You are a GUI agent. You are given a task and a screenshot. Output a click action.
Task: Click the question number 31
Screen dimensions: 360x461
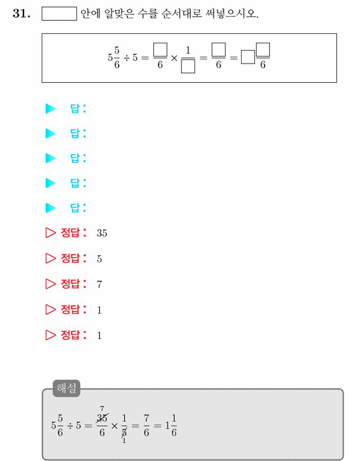pos(22,13)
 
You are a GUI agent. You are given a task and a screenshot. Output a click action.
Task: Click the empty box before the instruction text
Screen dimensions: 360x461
pos(59,13)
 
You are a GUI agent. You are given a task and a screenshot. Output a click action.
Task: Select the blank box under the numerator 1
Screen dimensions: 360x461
pos(188,66)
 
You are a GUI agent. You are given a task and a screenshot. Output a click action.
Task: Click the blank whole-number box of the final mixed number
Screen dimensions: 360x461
pos(248,57)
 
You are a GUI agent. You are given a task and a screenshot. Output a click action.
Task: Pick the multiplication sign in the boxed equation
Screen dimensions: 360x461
pos(174,58)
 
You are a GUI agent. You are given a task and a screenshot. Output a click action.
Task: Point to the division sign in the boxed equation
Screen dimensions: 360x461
pos(126,58)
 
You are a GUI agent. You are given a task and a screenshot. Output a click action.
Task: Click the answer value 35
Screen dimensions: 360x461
pos(102,233)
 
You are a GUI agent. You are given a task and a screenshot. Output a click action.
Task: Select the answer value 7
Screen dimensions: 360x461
pos(99,284)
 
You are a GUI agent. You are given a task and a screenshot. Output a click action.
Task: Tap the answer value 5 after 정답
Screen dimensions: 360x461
pos(99,259)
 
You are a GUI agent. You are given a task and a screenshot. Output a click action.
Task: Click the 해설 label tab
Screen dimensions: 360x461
pos(66,388)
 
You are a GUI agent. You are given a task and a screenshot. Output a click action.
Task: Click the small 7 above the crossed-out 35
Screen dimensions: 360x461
pos(102,409)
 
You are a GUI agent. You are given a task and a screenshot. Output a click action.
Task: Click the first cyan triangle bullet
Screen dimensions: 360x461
pos(50,109)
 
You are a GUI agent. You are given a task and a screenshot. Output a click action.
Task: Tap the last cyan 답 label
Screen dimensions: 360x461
pos(78,208)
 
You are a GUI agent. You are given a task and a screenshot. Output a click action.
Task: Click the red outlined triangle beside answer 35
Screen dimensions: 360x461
pos(50,233)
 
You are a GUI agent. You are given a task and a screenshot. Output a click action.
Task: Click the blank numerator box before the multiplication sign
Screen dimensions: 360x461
pos(160,50)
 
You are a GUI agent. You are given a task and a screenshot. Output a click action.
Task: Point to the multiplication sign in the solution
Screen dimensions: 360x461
pos(114,426)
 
